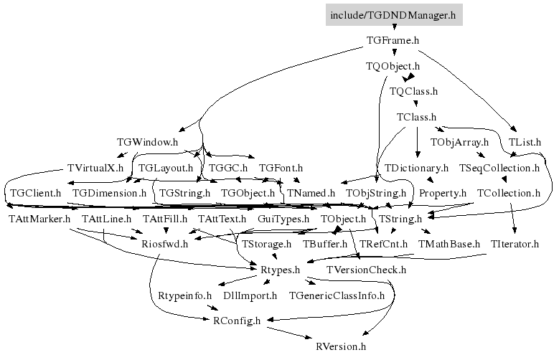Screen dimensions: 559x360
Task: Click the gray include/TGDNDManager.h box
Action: [x=394, y=15]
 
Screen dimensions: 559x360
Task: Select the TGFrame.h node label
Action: [x=393, y=40]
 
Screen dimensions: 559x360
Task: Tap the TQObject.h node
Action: [x=393, y=66]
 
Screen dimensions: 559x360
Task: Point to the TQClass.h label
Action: [x=413, y=91]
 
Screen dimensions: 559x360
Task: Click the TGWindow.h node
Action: [x=147, y=142]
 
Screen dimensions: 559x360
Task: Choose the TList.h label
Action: [x=525, y=142]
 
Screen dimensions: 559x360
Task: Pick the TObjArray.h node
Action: [x=459, y=142]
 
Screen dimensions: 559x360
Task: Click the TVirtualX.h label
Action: [x=95, y=168]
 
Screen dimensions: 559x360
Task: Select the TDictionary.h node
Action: [x=416, y=168]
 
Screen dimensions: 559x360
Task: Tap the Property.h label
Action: [x=443, y=193]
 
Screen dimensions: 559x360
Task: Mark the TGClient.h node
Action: [x=35, y=193]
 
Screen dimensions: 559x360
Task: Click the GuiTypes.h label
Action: [x=283, y=219]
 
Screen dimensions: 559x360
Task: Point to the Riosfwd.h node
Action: [x=164, y=244]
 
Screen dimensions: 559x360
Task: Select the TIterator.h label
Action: [x=515, y=244]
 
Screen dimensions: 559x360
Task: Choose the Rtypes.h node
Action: [x=280, y=270]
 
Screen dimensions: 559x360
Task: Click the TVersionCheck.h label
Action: [x=366, y=270]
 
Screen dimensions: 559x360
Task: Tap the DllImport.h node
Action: [x=250, y=296]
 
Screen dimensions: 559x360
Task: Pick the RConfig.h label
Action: [x=237, y=321]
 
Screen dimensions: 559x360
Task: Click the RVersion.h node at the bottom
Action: [x=341, y=346]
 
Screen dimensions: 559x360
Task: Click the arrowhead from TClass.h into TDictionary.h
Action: [x=418, y=154]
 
